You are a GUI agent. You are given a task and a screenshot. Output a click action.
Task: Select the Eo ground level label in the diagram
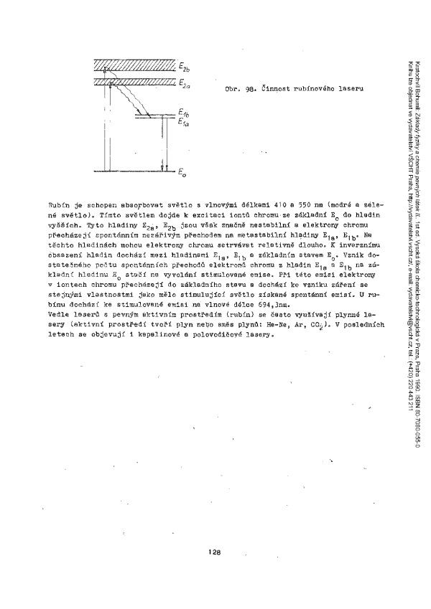(x=183, y=173)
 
